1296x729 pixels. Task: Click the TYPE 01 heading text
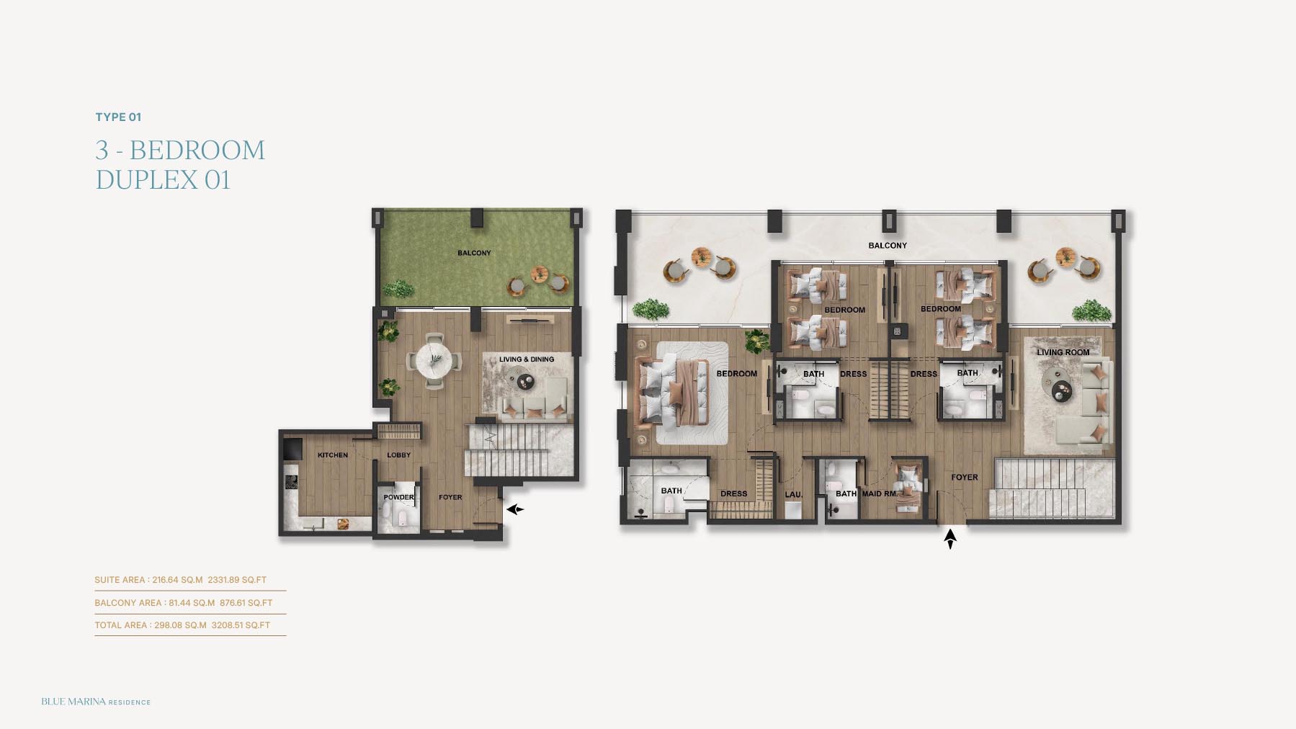(118, 117)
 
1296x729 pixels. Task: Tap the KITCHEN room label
(333, 455)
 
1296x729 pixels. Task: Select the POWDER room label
(398, 497)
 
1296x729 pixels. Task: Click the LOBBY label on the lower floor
(398, 455)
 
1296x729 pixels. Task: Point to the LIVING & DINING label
(527, 359)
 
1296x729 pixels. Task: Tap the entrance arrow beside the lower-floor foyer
(514, 509)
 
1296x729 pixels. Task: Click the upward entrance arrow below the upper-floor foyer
(950, 539)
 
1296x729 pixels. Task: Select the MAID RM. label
(880, 493)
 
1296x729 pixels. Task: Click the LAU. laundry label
(793, 494)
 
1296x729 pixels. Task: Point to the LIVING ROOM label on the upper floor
(1063, 352)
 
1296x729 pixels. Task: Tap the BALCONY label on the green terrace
(474, 253)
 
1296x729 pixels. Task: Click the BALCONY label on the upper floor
(888, 246)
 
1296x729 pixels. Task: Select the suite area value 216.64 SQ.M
(177, 580)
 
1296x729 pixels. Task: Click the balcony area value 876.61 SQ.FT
(246, 603)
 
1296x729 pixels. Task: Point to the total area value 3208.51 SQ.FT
(241, 625)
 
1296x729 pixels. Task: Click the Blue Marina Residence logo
(96, 702)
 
